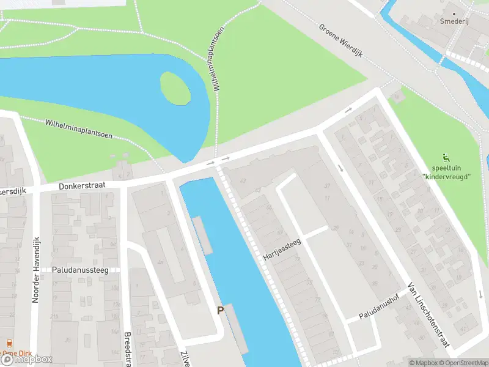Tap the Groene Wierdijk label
coord(341,40)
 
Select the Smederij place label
coord(454,21)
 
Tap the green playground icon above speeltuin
coord(446,157)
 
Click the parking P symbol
coord(220,310)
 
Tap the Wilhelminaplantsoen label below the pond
coord(78,128)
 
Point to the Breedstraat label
coord(128,349)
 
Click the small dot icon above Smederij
coord(454,12)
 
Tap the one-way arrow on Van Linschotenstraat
coord(340,168)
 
